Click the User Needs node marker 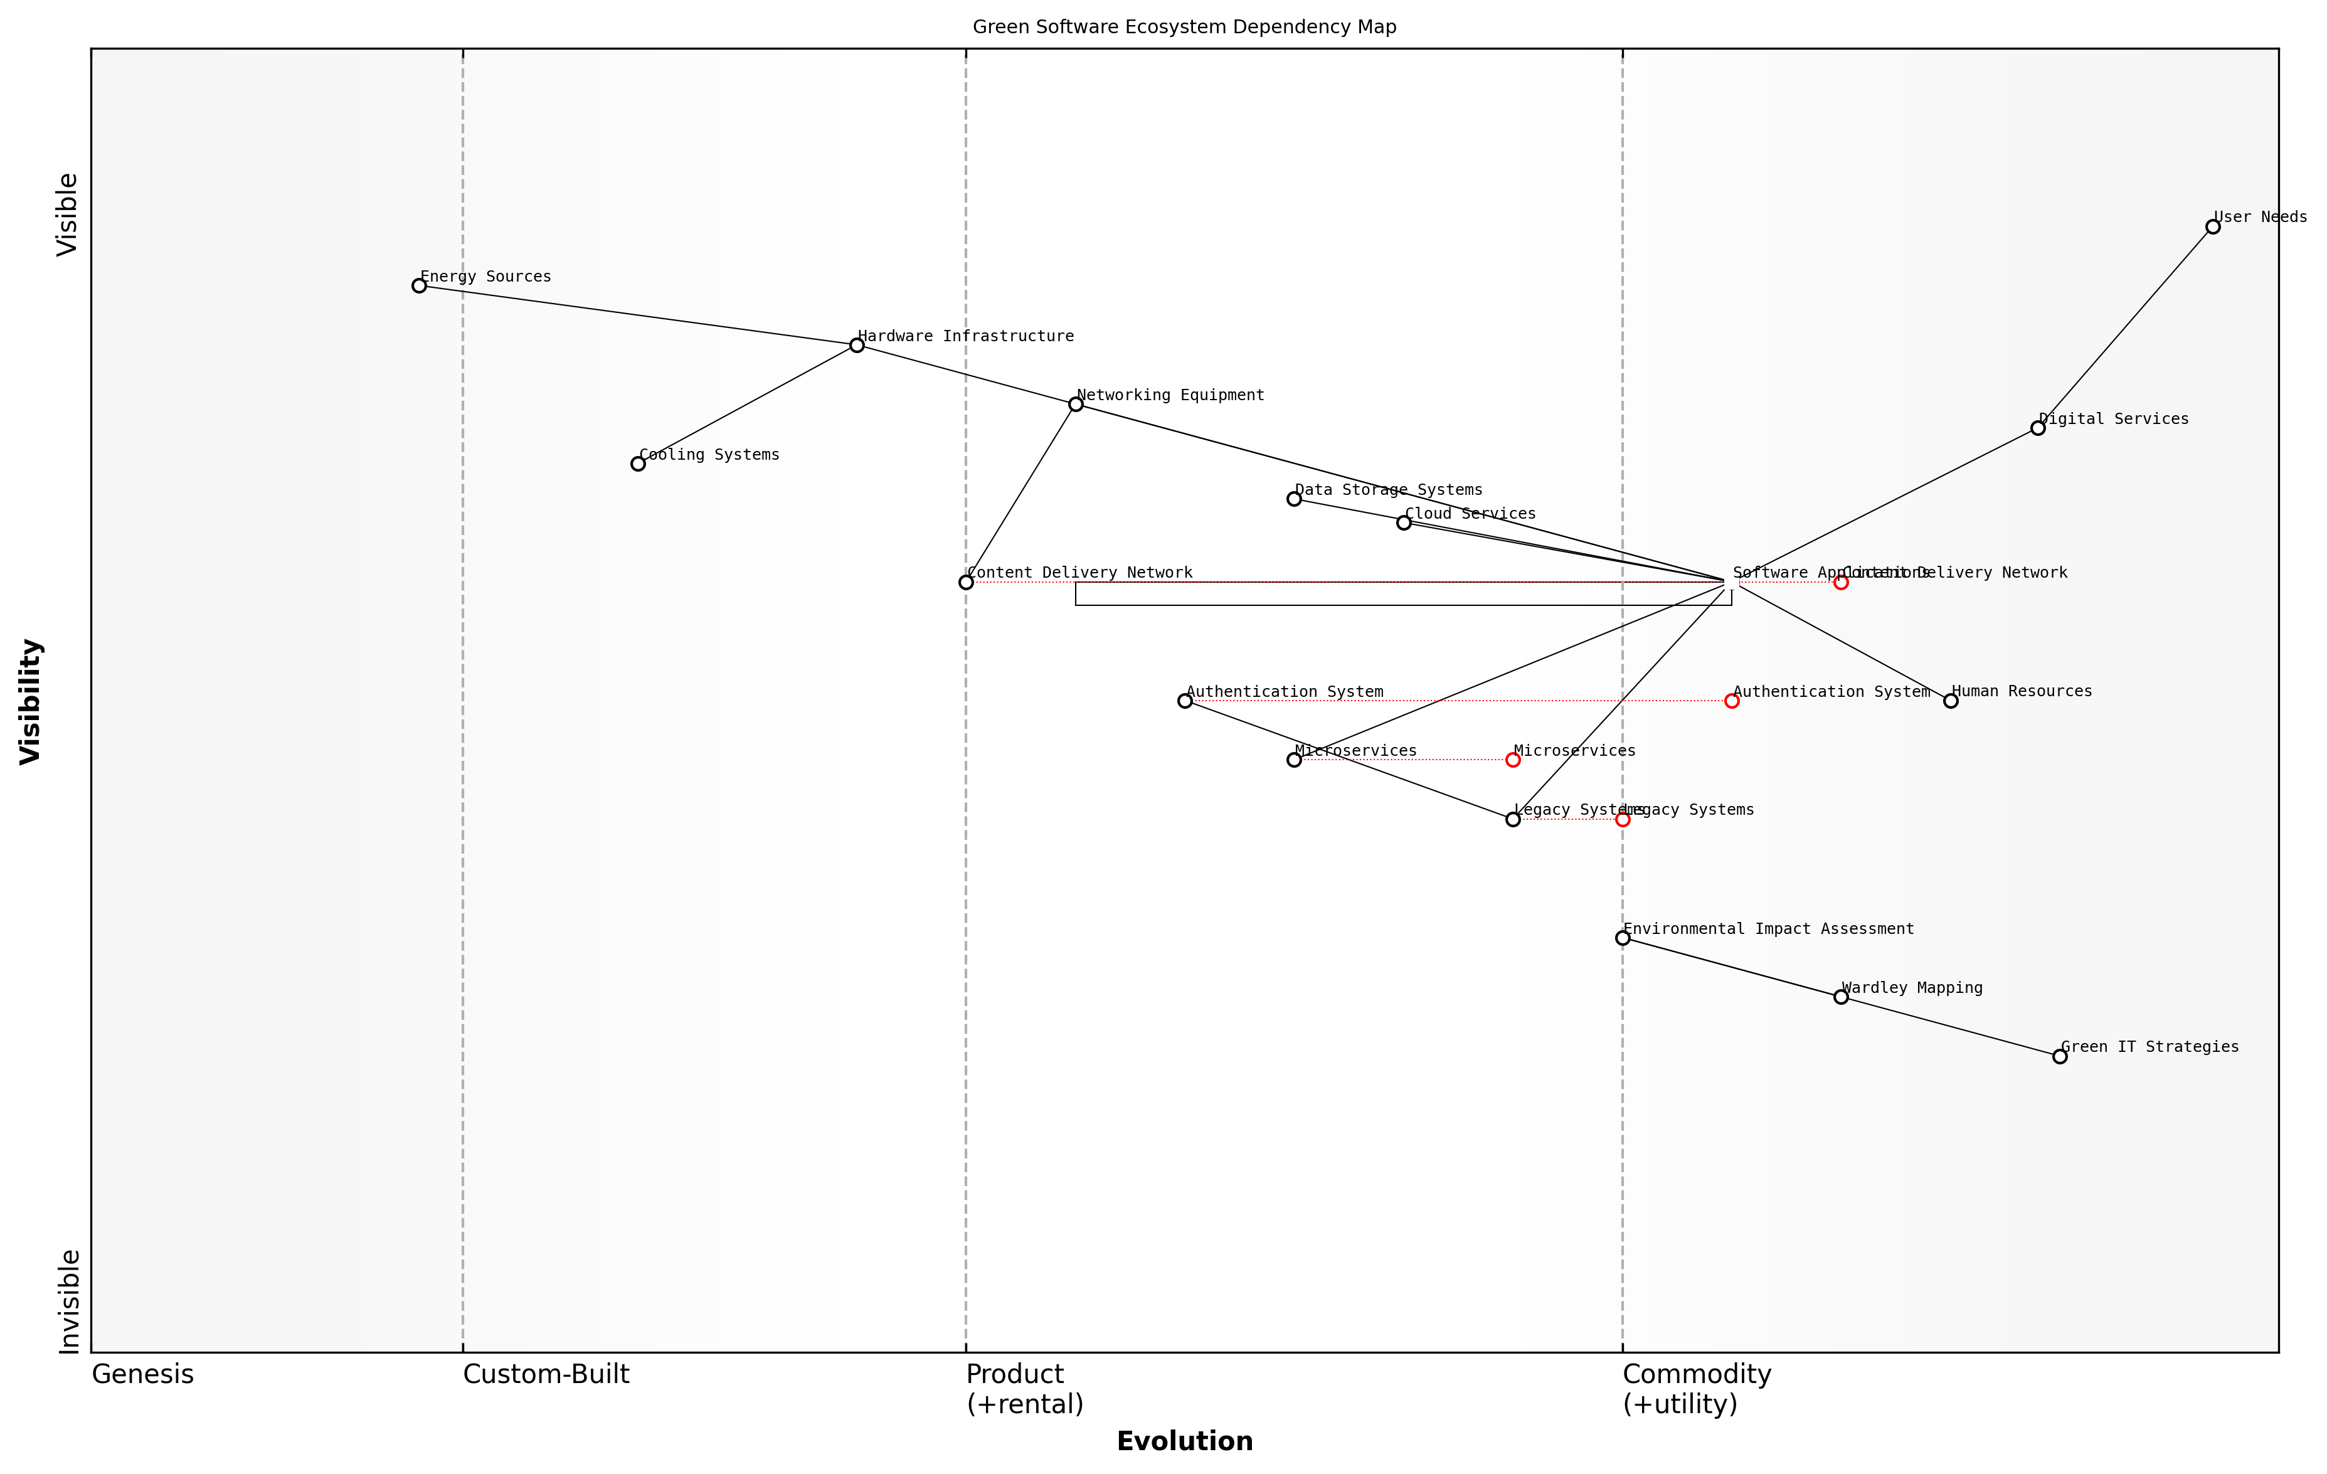2213,227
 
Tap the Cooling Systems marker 638,464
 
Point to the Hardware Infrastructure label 965,336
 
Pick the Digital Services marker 2038,428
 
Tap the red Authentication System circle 1732,701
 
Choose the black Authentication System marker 1185,701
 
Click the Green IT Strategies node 2060,1056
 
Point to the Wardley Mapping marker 1841,997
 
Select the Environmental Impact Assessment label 1768,929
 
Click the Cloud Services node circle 1404,523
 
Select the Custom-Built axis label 546,1374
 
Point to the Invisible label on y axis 68,1302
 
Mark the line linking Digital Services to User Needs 2126,327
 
